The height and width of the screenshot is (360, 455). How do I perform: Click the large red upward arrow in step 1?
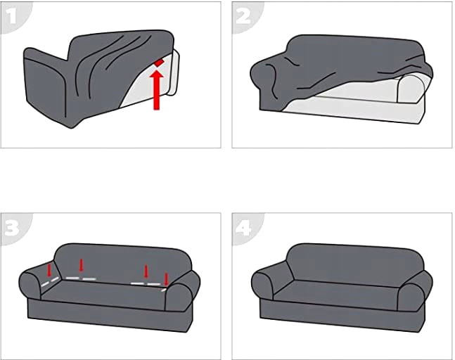(156, 90)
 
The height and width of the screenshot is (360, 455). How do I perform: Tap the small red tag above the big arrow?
(159, 63)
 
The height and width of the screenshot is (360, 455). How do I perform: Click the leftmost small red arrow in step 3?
(49, 269)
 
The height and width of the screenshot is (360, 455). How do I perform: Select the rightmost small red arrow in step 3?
(166, 279)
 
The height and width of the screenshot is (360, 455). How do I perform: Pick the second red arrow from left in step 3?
(82, 265)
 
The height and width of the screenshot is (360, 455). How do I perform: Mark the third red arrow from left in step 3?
(146, 271)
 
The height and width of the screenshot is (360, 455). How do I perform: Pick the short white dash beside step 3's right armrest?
(164, 290)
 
